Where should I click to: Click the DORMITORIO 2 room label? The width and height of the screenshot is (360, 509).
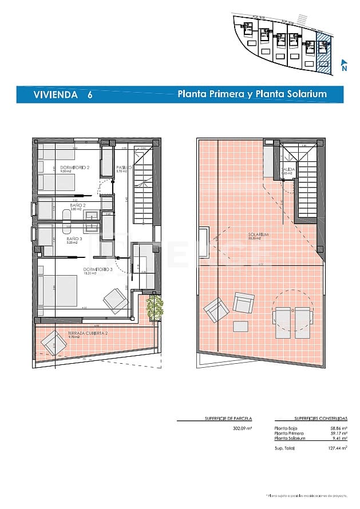point(75,167)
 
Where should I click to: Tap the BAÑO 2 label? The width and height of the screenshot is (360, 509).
point(78,205)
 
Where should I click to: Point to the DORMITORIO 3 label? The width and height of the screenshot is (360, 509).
point(97,269)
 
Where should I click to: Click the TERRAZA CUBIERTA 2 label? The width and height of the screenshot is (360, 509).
point(88,333)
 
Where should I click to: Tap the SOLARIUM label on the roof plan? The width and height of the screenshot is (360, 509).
point(259,234)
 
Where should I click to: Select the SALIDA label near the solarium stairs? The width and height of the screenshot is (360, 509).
point(288,170)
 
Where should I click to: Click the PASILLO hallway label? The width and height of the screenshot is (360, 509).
point(124,168)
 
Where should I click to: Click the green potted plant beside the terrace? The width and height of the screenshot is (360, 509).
point(155,308)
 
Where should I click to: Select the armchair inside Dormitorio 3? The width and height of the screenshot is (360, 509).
point(115,300)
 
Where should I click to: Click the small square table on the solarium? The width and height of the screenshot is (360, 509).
point(241,327)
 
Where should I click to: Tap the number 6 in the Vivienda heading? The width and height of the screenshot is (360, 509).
point(90,95)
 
